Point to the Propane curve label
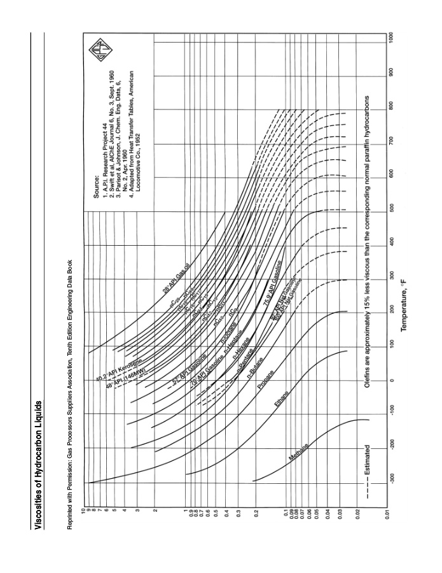point(266,379)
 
